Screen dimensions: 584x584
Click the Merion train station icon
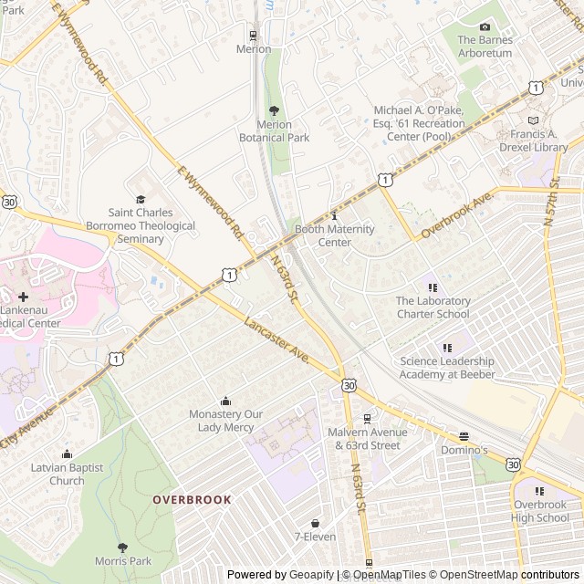pyautogui.click(x=254, y=36)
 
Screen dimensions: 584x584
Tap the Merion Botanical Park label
pyautogui.click(x=274, y=131)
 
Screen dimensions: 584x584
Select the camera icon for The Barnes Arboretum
pyautogui.click(x=485, y=26)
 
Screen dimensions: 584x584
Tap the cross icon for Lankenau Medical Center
pyautogui.click(x=23, y=297)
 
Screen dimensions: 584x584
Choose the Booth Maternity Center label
pyautogui.click(x=334, y=235)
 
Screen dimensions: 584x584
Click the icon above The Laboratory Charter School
pyautogui.click(x=433, y=287)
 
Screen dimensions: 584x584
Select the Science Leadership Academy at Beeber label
pyautogui.click(x=447, y=368)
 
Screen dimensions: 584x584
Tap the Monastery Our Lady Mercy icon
pyautogui.click(x=225, y=401)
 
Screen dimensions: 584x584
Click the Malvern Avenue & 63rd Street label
pyautogui.click(x=367, y=439)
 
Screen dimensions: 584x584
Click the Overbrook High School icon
pyautogui.click(x=540, y=490)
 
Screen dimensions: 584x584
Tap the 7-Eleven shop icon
pyautogui.click(x=315, y=523)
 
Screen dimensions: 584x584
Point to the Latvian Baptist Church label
pyautogui.click(x=67, y=474)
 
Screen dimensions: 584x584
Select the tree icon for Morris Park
pyautogui.click(x=122, y=547)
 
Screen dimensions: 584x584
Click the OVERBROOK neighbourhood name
pyautogui.click(x=192, y=500)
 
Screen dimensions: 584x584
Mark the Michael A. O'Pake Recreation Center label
pyautogui.click(x=419, y=123)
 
